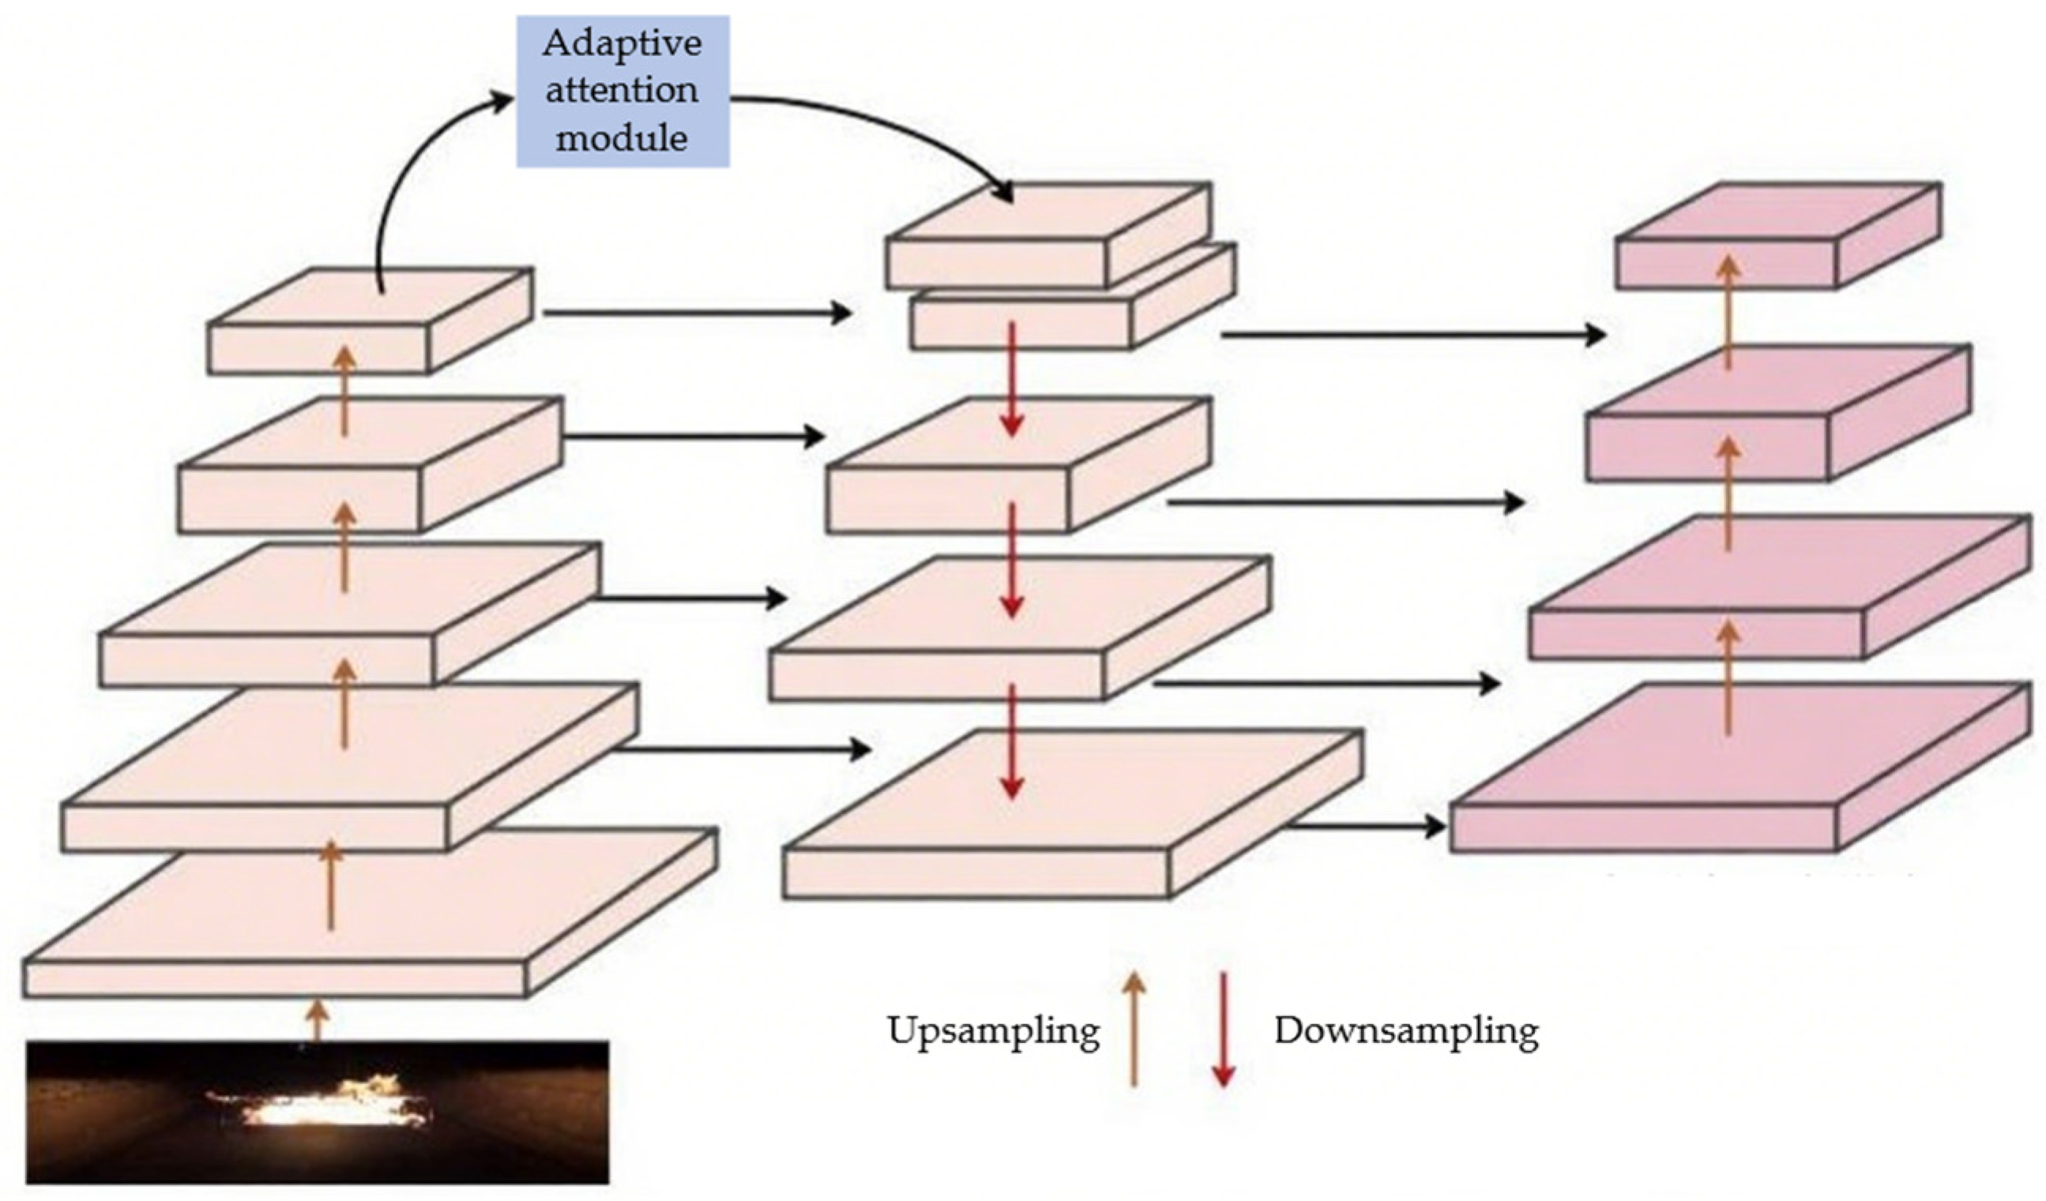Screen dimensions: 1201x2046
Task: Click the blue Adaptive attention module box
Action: [622, 91]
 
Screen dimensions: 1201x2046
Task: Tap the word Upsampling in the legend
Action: [993, 1030]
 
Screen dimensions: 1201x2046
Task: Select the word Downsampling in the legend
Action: [1406, 1030]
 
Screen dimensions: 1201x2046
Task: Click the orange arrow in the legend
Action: [1134, 1029]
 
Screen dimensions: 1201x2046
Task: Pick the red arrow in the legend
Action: [1223, 1029]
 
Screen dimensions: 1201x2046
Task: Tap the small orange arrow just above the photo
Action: [318, 1021]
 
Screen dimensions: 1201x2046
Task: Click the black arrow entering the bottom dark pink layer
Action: [1364, 827]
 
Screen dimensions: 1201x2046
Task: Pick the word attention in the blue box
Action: [622, 89]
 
